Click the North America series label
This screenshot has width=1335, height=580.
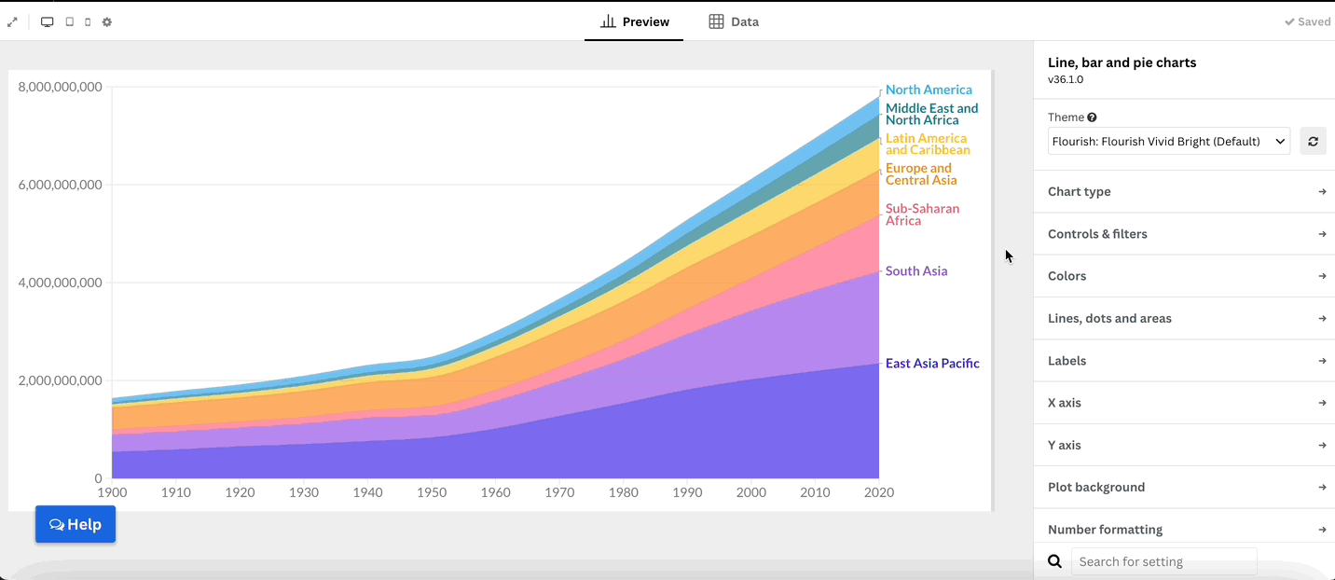tap(929, 90)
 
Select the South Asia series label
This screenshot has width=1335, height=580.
tap(916, 270)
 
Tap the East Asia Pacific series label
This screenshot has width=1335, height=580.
tap(932, 363)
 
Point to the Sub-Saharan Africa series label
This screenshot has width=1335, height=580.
tap(922, 214)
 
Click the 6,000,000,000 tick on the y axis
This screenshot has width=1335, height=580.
tap(61, 185)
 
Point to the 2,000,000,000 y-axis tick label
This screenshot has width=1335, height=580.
tap(61, 380)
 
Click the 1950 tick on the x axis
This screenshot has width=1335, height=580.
tap(432, 492)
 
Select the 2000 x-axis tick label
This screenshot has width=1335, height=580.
tap(751, 492)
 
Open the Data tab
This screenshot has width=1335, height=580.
tap(734, 22)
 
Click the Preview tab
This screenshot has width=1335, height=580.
tap(634, 22)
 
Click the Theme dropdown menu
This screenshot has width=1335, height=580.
tap(1169, 142)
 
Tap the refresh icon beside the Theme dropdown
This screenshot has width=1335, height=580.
tap(1313, 142)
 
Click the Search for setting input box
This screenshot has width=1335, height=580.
tap(1164, 561)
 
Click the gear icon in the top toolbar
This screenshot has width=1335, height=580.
tap(107, 22)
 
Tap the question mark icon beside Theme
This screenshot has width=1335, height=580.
tap(1092, 117)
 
